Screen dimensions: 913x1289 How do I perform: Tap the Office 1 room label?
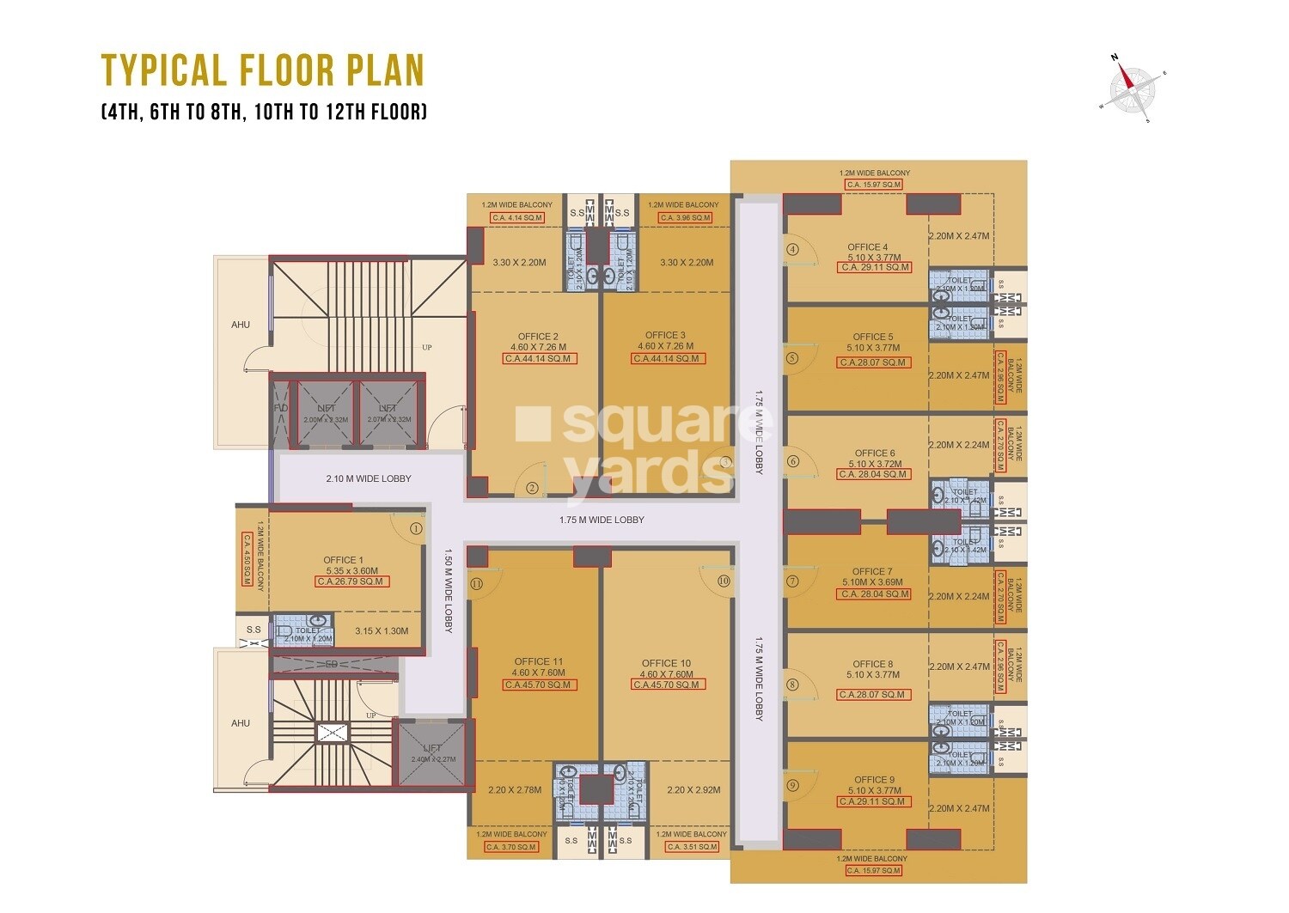[343, 560]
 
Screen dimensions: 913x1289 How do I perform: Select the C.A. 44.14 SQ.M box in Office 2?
[538, 358]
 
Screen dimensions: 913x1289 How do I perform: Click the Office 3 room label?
[665, 335]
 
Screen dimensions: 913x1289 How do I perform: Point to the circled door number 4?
[792, 250]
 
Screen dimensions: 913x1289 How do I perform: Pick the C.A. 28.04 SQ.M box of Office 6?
[873, 474]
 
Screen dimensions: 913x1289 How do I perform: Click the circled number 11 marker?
[476, 583]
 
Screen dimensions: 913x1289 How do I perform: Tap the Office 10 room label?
[666, 663]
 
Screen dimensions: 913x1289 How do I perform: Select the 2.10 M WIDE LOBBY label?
[368, 478]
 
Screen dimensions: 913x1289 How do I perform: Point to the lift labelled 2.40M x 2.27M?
[432, 753]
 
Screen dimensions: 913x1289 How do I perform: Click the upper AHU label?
[241, 325]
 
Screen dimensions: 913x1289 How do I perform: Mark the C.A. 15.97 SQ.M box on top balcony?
[874, 185]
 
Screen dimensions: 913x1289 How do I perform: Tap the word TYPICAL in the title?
[164, 70]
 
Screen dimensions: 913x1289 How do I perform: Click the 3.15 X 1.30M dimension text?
[382, 631]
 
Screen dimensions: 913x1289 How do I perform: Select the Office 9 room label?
[874, 780]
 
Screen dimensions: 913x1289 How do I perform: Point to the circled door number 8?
[792, 685]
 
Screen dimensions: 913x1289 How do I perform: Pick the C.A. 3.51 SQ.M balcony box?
[691, 847]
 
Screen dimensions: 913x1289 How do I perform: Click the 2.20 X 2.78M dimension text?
[515, 790]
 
